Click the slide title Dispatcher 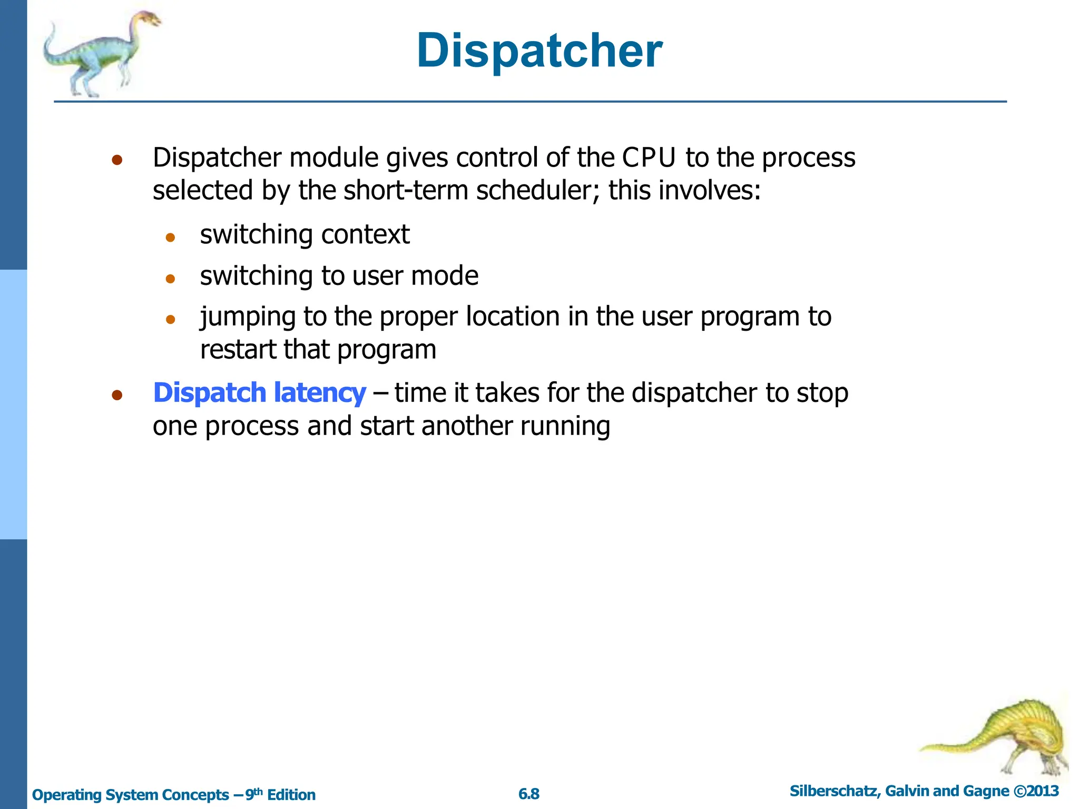[x=539, y=51]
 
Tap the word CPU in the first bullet [x=649, y=157]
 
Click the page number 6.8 [x=529, y=794]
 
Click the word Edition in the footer [x=291, y=795]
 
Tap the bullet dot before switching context [x=170, y=238]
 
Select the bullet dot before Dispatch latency [x=117, y=395]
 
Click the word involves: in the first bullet [x=725, y=190]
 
